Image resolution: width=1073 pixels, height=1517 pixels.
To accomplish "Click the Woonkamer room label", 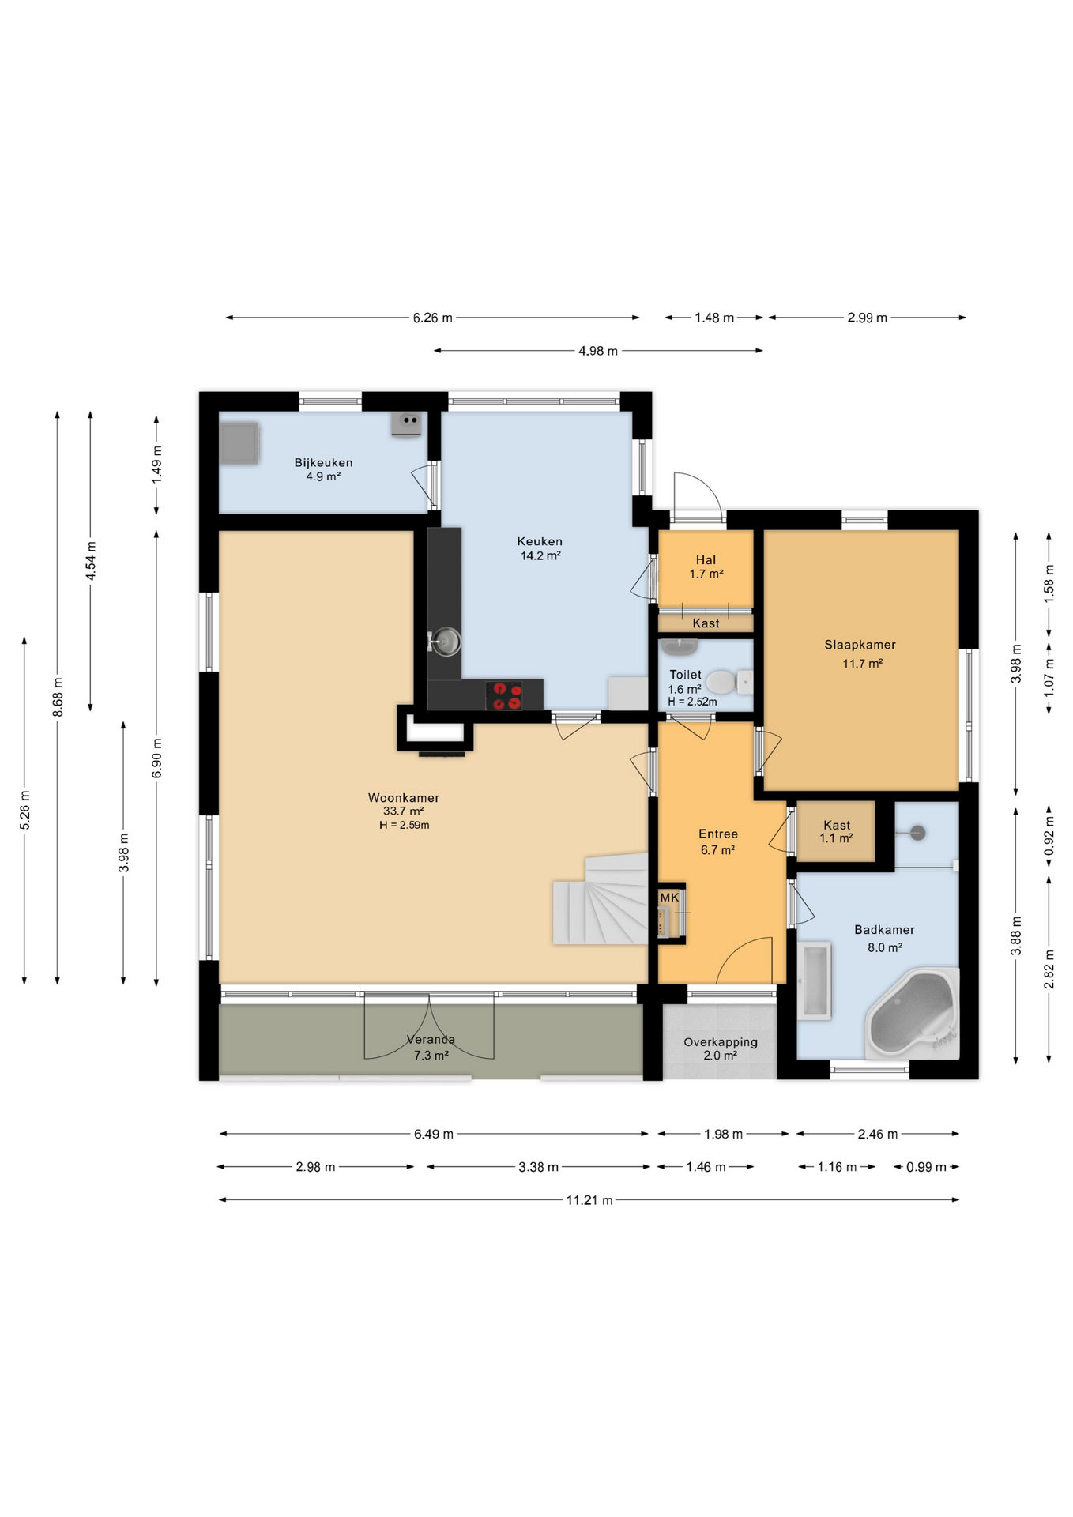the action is [403, 798].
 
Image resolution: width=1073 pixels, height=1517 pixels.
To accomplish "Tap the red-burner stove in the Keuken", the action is [503, 695].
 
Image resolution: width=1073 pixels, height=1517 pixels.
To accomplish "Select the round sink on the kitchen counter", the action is [445, 642].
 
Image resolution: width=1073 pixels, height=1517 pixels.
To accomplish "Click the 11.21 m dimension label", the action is [589, 1200].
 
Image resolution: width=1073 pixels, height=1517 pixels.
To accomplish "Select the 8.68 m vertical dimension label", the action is [58, 698].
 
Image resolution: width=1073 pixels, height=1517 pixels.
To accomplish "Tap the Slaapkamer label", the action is [860, 645].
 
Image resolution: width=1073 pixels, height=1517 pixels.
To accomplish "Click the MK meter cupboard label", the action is [669, 898].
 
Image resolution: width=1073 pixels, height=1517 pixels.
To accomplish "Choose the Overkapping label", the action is [721, 1042].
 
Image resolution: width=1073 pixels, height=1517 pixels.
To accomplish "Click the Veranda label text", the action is [431, 1040].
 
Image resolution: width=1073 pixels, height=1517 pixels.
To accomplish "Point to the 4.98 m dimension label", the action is [598, 351].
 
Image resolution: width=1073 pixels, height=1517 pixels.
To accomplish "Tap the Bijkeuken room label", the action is [323, 463].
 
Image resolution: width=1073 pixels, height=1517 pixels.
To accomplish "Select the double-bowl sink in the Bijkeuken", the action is [406, 423].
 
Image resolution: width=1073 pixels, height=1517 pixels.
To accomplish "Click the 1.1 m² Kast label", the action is [836, 832].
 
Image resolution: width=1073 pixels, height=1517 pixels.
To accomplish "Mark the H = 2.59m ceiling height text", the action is [404, 825].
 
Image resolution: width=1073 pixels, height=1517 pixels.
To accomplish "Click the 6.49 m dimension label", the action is [434, 1135].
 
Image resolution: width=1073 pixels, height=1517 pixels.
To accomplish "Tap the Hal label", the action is [706, 560].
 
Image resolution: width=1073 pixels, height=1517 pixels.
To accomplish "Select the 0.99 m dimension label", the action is [926, 1167].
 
